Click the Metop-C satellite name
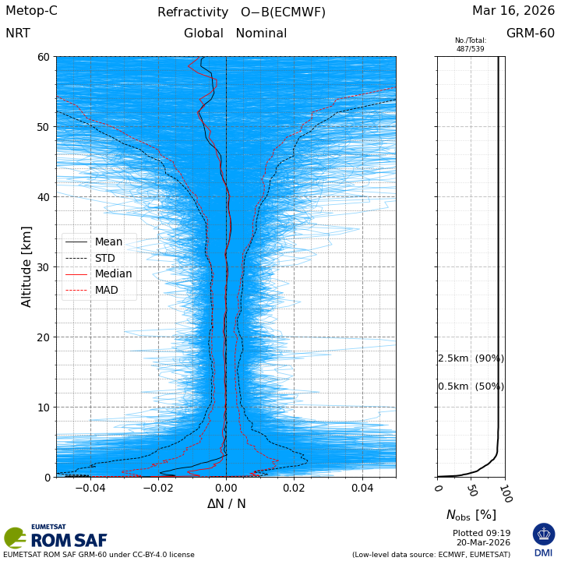[31, 11]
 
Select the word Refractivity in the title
[193, 12]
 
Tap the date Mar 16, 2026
[513, 11]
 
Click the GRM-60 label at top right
[531, 34]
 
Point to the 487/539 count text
[471, 48]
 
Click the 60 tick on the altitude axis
[44, 57]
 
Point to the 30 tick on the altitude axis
[44, 267]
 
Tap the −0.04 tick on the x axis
[90, 488]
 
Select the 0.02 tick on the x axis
[294, 488]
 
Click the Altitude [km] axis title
[26, 267]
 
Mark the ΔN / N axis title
[227, 504]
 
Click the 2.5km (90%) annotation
[471, 358]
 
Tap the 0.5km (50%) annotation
[471, 386]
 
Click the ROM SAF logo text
[69, 540]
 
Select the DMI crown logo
[544, 534]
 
